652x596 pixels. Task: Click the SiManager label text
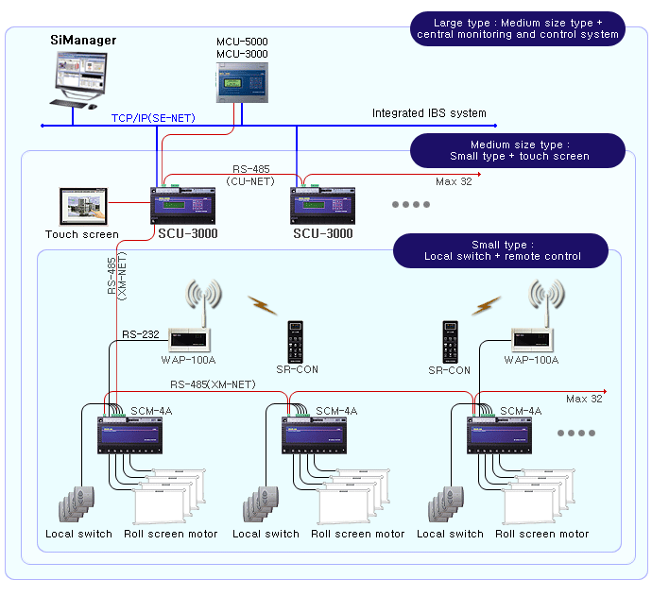tap(82, 41)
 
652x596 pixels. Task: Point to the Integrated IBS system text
tap(429, 113)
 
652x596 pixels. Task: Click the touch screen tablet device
tap(81, 206)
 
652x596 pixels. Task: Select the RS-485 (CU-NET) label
tap(250, 173)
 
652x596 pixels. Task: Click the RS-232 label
tap(140, 333)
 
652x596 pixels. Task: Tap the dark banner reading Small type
tap(502, 250)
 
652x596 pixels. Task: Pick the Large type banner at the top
tap(517, 28)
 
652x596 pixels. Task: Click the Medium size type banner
tap(517, 150)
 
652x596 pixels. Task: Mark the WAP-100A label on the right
tap(532, 360)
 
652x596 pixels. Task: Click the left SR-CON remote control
tap(295, 341)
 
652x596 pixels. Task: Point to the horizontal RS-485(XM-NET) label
tap(213, 384)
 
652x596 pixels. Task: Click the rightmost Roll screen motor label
tap(541, 534)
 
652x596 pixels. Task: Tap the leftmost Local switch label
tap(79, 534)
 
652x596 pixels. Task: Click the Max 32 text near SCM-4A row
tap(584, 399)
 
